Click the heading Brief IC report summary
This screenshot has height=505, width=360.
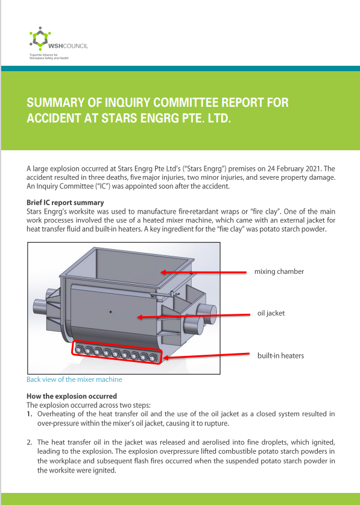[x=65, y=202]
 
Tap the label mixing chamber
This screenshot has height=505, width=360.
[x=279, y=272]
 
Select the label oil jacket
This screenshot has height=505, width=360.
[x=271, y=313]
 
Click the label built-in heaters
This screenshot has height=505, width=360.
[x=280, y=355]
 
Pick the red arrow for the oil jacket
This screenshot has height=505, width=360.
[x=193, y=315]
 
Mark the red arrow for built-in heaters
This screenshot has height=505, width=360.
[x=205, y=357]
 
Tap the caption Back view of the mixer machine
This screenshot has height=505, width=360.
[x=74, y=380]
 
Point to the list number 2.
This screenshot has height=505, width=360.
[x=30, y=442]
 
